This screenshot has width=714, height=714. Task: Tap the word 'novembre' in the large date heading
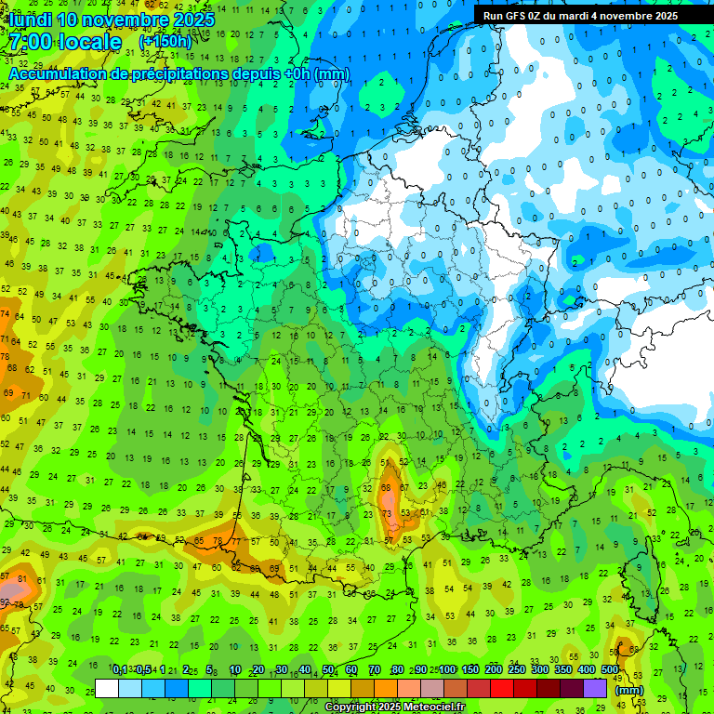click(130, 19)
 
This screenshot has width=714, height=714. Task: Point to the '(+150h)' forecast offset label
click(165, 42)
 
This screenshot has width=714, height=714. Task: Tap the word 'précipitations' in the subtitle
click(198, 73)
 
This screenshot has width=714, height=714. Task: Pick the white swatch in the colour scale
click(107, 689)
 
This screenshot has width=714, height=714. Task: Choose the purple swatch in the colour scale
click(595, 689)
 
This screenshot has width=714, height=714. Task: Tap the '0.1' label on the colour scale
click(120, 670)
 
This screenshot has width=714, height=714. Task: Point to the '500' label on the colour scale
click(610, 670)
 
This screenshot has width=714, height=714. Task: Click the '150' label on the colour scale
click(470, 670)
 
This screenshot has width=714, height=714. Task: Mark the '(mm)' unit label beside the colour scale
click(629, 690)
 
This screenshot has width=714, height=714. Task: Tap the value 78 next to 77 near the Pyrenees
click(217, 540)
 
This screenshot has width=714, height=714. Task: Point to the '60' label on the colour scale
click(350, 670)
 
